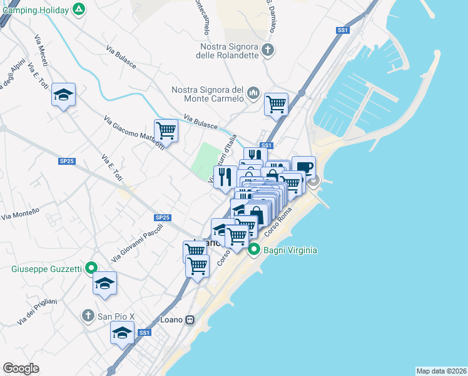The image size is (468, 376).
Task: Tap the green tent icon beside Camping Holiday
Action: (x=78, y=9)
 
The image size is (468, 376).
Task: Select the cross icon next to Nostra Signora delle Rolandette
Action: (x=268, y=50)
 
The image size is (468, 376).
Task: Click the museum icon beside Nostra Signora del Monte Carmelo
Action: (x=253, y=93)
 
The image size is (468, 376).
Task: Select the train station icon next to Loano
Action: (x=190, y=320)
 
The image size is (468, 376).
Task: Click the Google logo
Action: (x=21, y=368)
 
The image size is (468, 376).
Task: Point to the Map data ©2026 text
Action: (x=440, y=370)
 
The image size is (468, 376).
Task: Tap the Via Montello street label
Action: (x=20, y=213)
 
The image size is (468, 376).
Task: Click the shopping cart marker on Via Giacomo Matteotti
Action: (x=166, y=130)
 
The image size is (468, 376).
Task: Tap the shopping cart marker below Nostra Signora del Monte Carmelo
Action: (x=276, y=103)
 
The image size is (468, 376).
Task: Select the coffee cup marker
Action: (x=303, y=167)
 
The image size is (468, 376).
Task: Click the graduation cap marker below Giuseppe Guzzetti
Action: (x=105, y=283)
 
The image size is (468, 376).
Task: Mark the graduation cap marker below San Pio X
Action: (x=122, y=332)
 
